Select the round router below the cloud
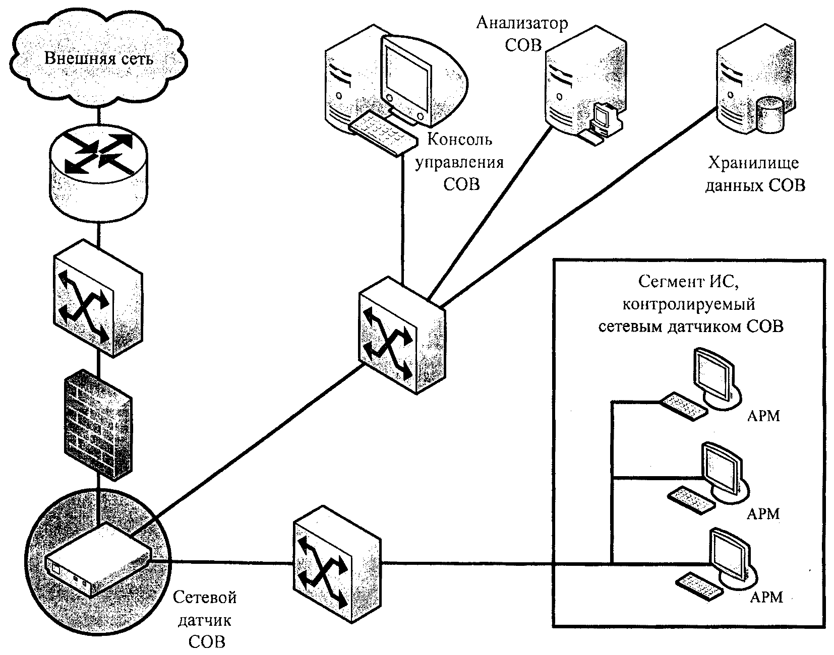pyautogui.click(x=98, y=173)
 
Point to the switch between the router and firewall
pyautogui.click(x=98, y=298)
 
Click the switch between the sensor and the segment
pyautogui.click(x=337, y=564)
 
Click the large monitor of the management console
pyautogui.click(x=407, y=79)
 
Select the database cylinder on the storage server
pyautogui.click(x=770, y=115)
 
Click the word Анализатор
pyautogui.click(x=522, y=24)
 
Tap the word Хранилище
pyautogui.click(x=753, y=163)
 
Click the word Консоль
pyautogui.click(x=459, y=139)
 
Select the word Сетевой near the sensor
pyautogui.click(x=205, y=598)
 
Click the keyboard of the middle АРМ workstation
pyautogui.click(x=691, y=500)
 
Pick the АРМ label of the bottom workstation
pyautogui.click(x=766, y=598)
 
